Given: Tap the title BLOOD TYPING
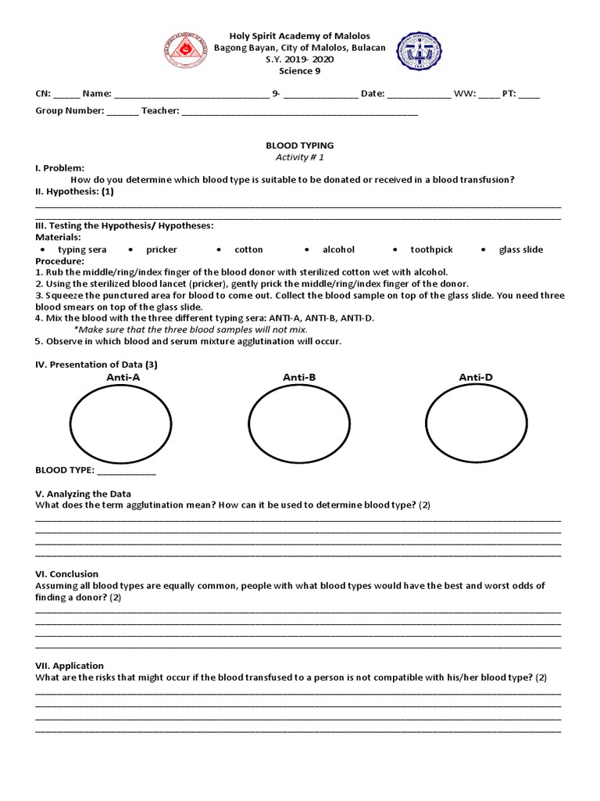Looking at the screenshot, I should click(300, 145).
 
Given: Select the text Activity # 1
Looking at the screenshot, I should click(300, 157).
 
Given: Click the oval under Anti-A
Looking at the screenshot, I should click(121, 424).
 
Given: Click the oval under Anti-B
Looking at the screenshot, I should click(298, 424).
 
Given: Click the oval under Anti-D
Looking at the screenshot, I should click(476, 424).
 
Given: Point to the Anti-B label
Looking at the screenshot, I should click(299, 378).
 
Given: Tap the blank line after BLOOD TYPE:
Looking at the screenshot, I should click(126, 472).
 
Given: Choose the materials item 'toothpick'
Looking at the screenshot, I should click(431, 250).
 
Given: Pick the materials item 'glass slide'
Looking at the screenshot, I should click(521, 250).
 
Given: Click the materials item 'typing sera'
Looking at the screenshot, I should click(82, 250).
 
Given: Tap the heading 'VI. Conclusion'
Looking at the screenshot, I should click(67, 574).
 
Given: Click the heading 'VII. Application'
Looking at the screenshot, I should click(70, 666).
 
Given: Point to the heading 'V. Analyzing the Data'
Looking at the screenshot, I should click(84, 494).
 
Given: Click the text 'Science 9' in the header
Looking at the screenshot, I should click(300, 71).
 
